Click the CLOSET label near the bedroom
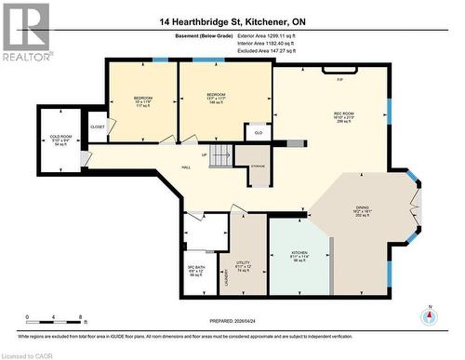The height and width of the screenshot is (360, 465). pos(98,127)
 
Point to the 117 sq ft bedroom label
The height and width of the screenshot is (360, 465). pos(142,100)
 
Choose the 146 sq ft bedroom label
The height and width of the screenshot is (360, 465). pos(216,98)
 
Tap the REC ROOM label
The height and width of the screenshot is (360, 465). pos(344,116)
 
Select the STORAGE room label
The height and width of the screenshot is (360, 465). pos(258,166)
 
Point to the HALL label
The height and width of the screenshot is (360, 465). pos(186,167)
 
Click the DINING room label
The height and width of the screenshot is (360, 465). pos(363,210)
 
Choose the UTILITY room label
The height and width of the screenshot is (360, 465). pos(243,266)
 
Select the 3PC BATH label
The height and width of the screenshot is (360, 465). pos(195,272)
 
